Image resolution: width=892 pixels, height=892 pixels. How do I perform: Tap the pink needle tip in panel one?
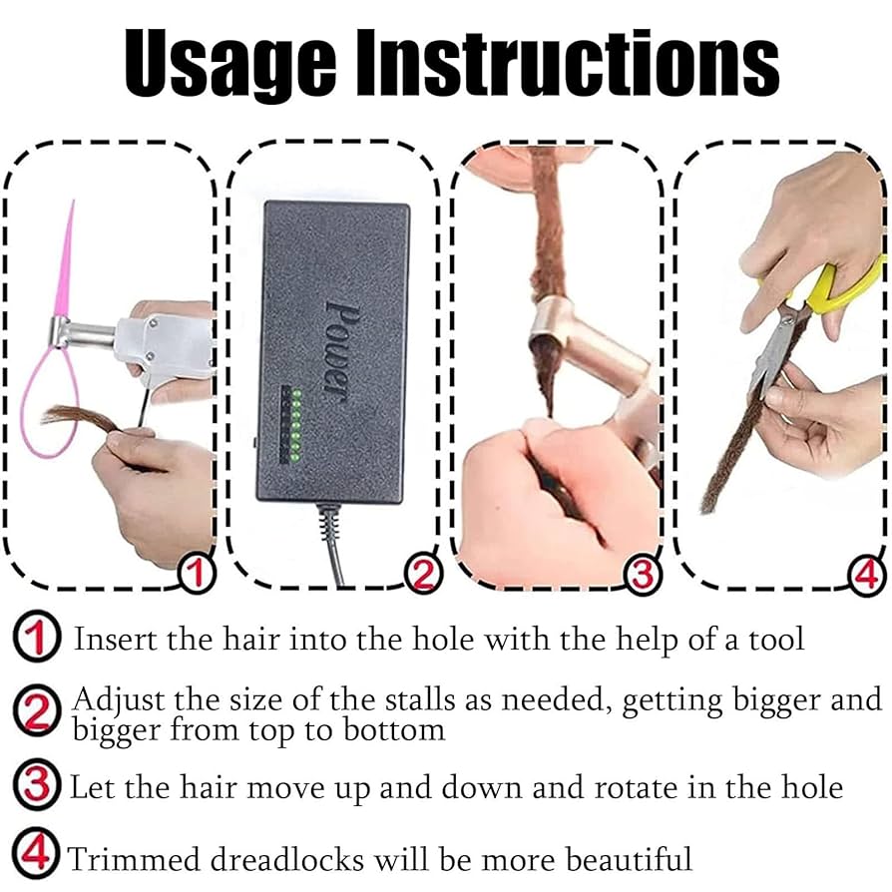tap(72, 210)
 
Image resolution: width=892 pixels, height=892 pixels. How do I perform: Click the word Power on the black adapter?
tap(335, 349)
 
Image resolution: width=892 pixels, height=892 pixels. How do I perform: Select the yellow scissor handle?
tap(844, 289)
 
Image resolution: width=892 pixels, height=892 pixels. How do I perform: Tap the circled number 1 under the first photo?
tap(197, 573)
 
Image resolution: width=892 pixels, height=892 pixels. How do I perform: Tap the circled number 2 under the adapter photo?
tap(422, 573)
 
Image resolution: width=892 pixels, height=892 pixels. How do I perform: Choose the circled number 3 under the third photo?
tap(644, 573)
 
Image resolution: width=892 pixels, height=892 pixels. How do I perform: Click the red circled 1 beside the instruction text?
tap(36, 637)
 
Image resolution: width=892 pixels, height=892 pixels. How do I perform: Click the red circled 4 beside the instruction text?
tap(36, 855)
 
